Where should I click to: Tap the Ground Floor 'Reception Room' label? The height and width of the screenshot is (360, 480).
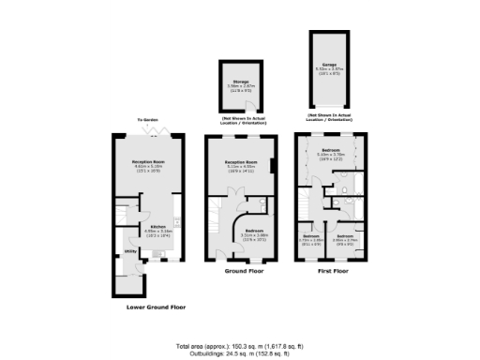click(242, 161)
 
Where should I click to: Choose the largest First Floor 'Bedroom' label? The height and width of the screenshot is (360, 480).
click(330, 149)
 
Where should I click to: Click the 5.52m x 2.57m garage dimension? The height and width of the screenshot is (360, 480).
click(329, 69)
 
